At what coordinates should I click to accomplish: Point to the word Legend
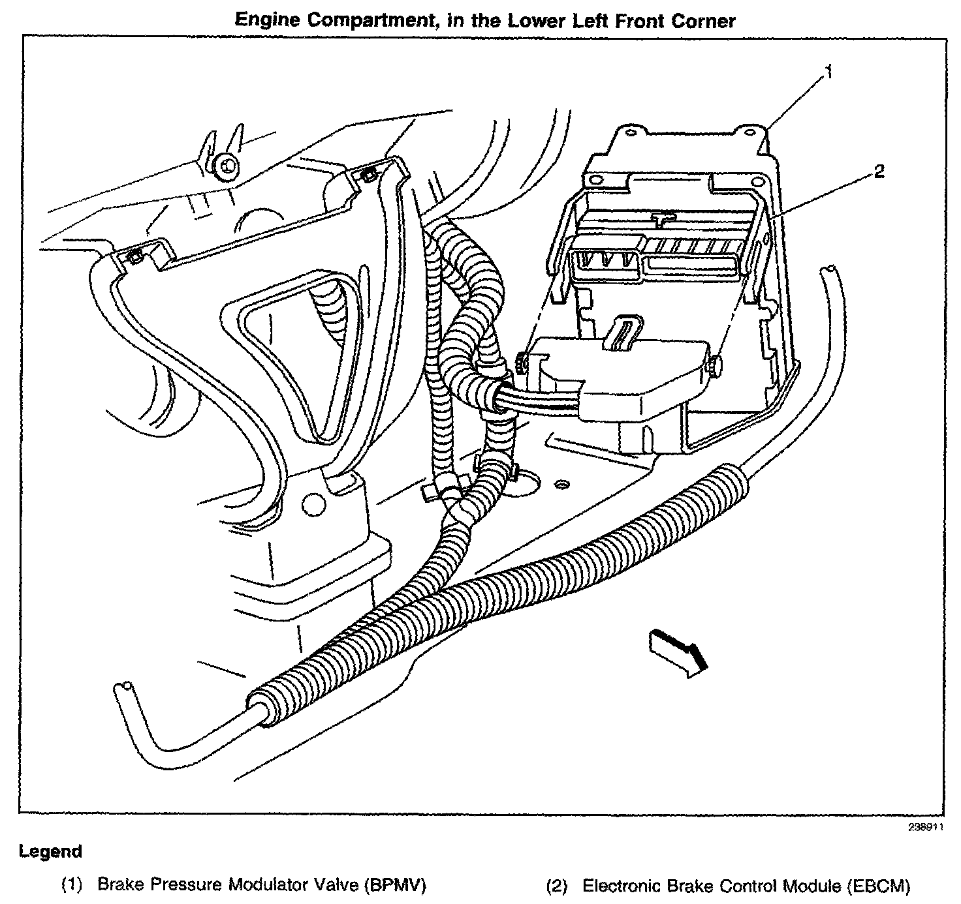51,851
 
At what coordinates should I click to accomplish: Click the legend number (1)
72,885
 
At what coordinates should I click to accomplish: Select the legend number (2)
557,885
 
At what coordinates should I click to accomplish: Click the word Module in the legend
810,885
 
